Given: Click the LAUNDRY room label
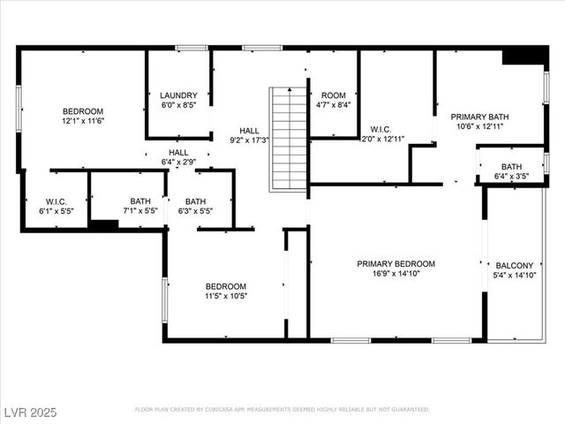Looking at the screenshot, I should (x=178, y=95).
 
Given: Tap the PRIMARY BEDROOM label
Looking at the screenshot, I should (x=396, y=264).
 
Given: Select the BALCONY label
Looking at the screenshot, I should (x=515, y=265).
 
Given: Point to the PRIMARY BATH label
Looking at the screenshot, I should (x=479, y=117).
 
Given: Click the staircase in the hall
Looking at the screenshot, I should (x=288, y=139).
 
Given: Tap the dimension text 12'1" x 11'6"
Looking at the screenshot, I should (x=83, y=121).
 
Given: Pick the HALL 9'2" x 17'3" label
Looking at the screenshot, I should (x=250, y=134).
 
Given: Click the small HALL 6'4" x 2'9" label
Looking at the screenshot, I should (x=178, y=157).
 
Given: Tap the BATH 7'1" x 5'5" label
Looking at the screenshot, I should (x=140, y=206).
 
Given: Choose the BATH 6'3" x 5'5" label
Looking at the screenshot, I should (x=195, y=206).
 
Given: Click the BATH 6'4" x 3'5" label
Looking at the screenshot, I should (x=511, y=171).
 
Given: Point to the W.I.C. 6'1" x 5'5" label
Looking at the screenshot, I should (x=56, y=206).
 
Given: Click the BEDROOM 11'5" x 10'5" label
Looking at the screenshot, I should (x=226, y=291).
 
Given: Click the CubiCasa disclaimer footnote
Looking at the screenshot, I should (x=282, y=410).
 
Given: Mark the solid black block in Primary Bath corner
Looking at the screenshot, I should (x=524, y=56).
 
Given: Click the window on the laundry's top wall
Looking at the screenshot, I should (x=192, y=47).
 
